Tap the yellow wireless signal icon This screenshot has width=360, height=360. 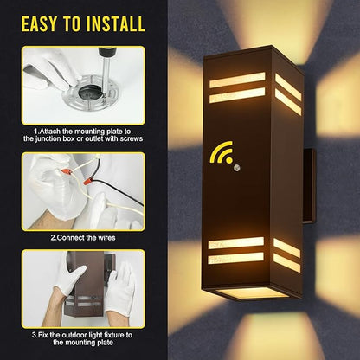point(221,151)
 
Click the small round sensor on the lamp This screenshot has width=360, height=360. point(237,167)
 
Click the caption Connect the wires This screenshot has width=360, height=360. point(83,238)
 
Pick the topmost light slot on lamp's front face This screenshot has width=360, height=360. point(237,80)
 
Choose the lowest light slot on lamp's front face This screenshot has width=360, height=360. point(236,259)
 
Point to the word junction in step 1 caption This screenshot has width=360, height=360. point(48,138)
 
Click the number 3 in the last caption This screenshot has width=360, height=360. point(34,336)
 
